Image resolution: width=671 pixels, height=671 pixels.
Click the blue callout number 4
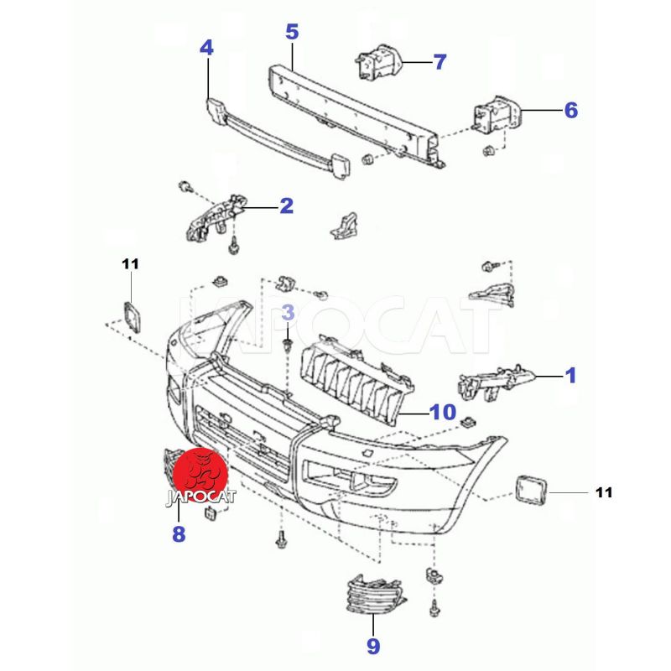[x=206, y=48]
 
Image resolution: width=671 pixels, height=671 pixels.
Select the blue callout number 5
[x=292, y=33]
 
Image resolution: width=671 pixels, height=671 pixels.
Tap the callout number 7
[x=440, y=61]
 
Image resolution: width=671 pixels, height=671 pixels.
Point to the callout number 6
[x=570, y=110]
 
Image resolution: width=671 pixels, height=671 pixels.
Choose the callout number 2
[x=286, y=205]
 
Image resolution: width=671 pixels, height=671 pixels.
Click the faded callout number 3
[x=288, y=314]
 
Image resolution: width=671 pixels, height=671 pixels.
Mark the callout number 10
[x=441, y=412]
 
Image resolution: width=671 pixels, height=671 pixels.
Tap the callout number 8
[x=179, y=533]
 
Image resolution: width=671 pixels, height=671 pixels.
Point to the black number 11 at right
[x=604, y=492]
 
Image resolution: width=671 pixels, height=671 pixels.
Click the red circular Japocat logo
[x=205, y=471]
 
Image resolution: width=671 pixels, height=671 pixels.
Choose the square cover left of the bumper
[x=131, y=318]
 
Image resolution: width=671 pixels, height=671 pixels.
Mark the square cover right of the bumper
[x=530, y=489]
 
